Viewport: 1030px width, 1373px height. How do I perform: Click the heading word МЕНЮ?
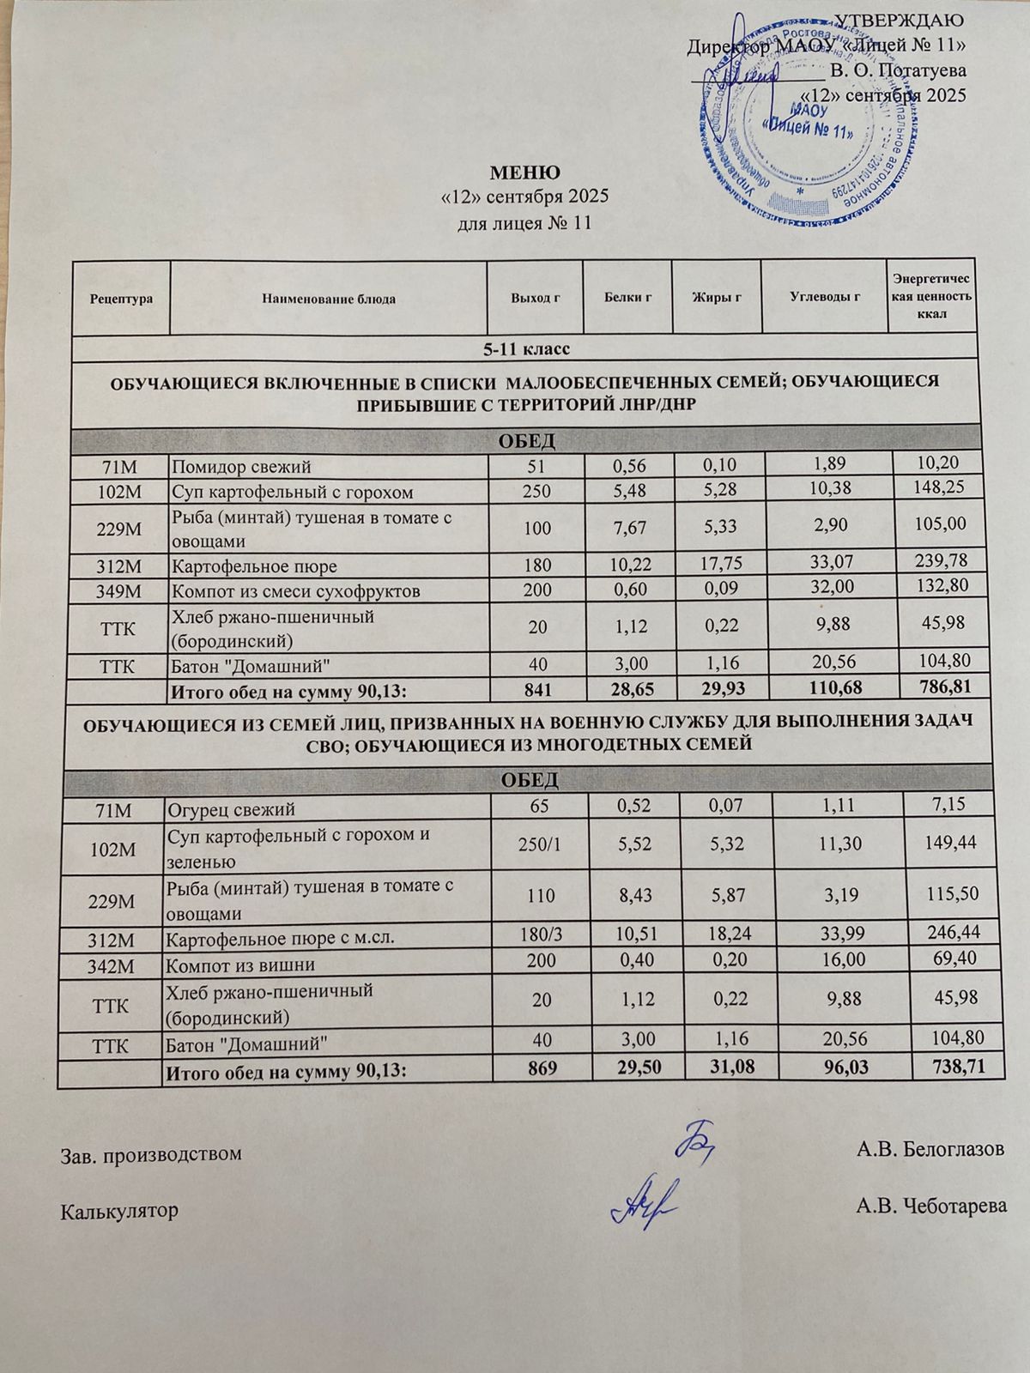click(524, 172)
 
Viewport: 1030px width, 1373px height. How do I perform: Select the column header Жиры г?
click(717, 298)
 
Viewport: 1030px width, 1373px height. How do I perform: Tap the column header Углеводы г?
click(824, 298)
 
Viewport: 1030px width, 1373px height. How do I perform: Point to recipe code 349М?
click(122, 591)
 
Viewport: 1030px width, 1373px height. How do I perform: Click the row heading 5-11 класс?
click(524, 349)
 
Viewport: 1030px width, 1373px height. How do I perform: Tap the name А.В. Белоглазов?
click(930, 1149)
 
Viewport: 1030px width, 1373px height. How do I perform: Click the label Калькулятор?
click(120, 1212)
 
